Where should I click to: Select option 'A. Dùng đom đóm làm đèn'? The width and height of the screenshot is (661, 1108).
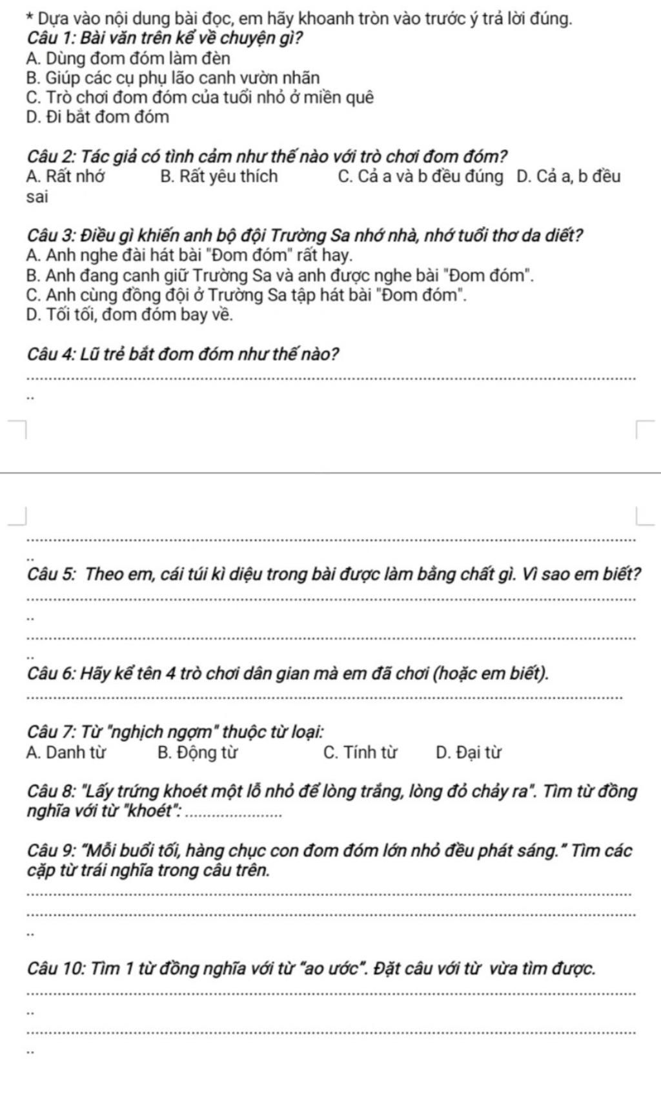tap(128, 59)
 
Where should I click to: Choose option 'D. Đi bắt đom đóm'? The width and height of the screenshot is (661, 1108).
tap(98, 118)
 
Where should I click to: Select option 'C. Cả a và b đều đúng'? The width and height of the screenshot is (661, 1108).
tap(420, 176)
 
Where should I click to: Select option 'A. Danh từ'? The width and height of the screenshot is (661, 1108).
tap(66, 753)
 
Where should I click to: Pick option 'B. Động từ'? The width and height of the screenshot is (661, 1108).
tap(198, 753)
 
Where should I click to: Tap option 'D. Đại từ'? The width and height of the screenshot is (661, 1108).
tap(469, 753)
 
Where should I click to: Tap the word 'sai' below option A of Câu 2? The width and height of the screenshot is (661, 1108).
tap(37, 197)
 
